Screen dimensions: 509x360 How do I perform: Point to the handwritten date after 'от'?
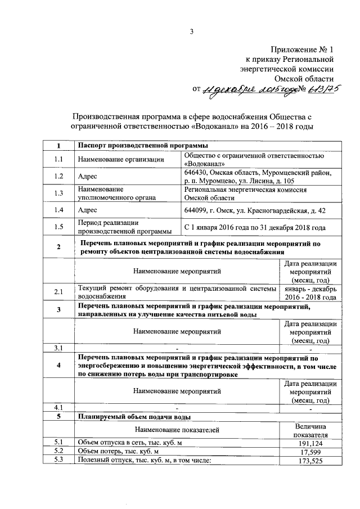point(249,89)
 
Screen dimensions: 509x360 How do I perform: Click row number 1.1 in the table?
point(58,159)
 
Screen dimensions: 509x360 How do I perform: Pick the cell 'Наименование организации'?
point(121,159)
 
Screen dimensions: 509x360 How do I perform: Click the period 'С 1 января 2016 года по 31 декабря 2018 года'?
point(255,228)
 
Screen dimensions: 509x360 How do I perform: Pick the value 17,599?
point(310,452)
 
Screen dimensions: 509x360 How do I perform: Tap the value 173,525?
point(310,461)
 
